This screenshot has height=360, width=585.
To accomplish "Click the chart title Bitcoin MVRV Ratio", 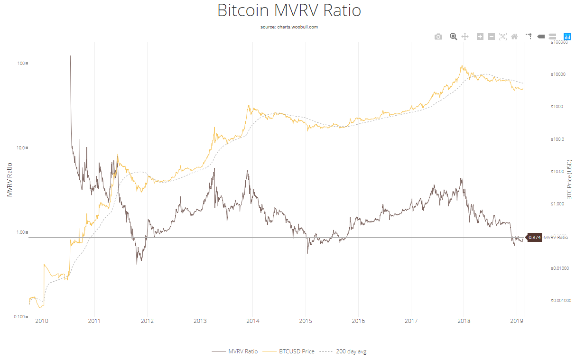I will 289,10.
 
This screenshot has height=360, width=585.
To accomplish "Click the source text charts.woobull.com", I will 289,27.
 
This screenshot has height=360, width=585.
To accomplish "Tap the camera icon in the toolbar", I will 438,37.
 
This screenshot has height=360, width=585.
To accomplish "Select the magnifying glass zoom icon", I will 453,37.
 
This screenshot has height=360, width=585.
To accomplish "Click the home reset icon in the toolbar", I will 514,37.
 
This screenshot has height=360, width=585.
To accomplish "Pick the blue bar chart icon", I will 567,37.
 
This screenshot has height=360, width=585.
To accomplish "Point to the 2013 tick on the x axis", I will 200,322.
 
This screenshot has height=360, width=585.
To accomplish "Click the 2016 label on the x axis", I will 358,322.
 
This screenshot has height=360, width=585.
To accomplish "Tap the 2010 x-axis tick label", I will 42,322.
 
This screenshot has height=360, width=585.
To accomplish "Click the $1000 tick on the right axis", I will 556,107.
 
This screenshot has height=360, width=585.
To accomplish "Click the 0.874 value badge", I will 534,237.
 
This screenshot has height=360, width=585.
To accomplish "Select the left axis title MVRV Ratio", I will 9,180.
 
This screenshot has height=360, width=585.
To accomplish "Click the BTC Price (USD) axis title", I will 569,179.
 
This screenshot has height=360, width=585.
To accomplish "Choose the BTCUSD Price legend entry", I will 295,351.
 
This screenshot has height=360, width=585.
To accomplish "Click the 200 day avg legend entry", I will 351,351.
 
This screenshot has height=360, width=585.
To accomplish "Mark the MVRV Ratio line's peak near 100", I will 70,56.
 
